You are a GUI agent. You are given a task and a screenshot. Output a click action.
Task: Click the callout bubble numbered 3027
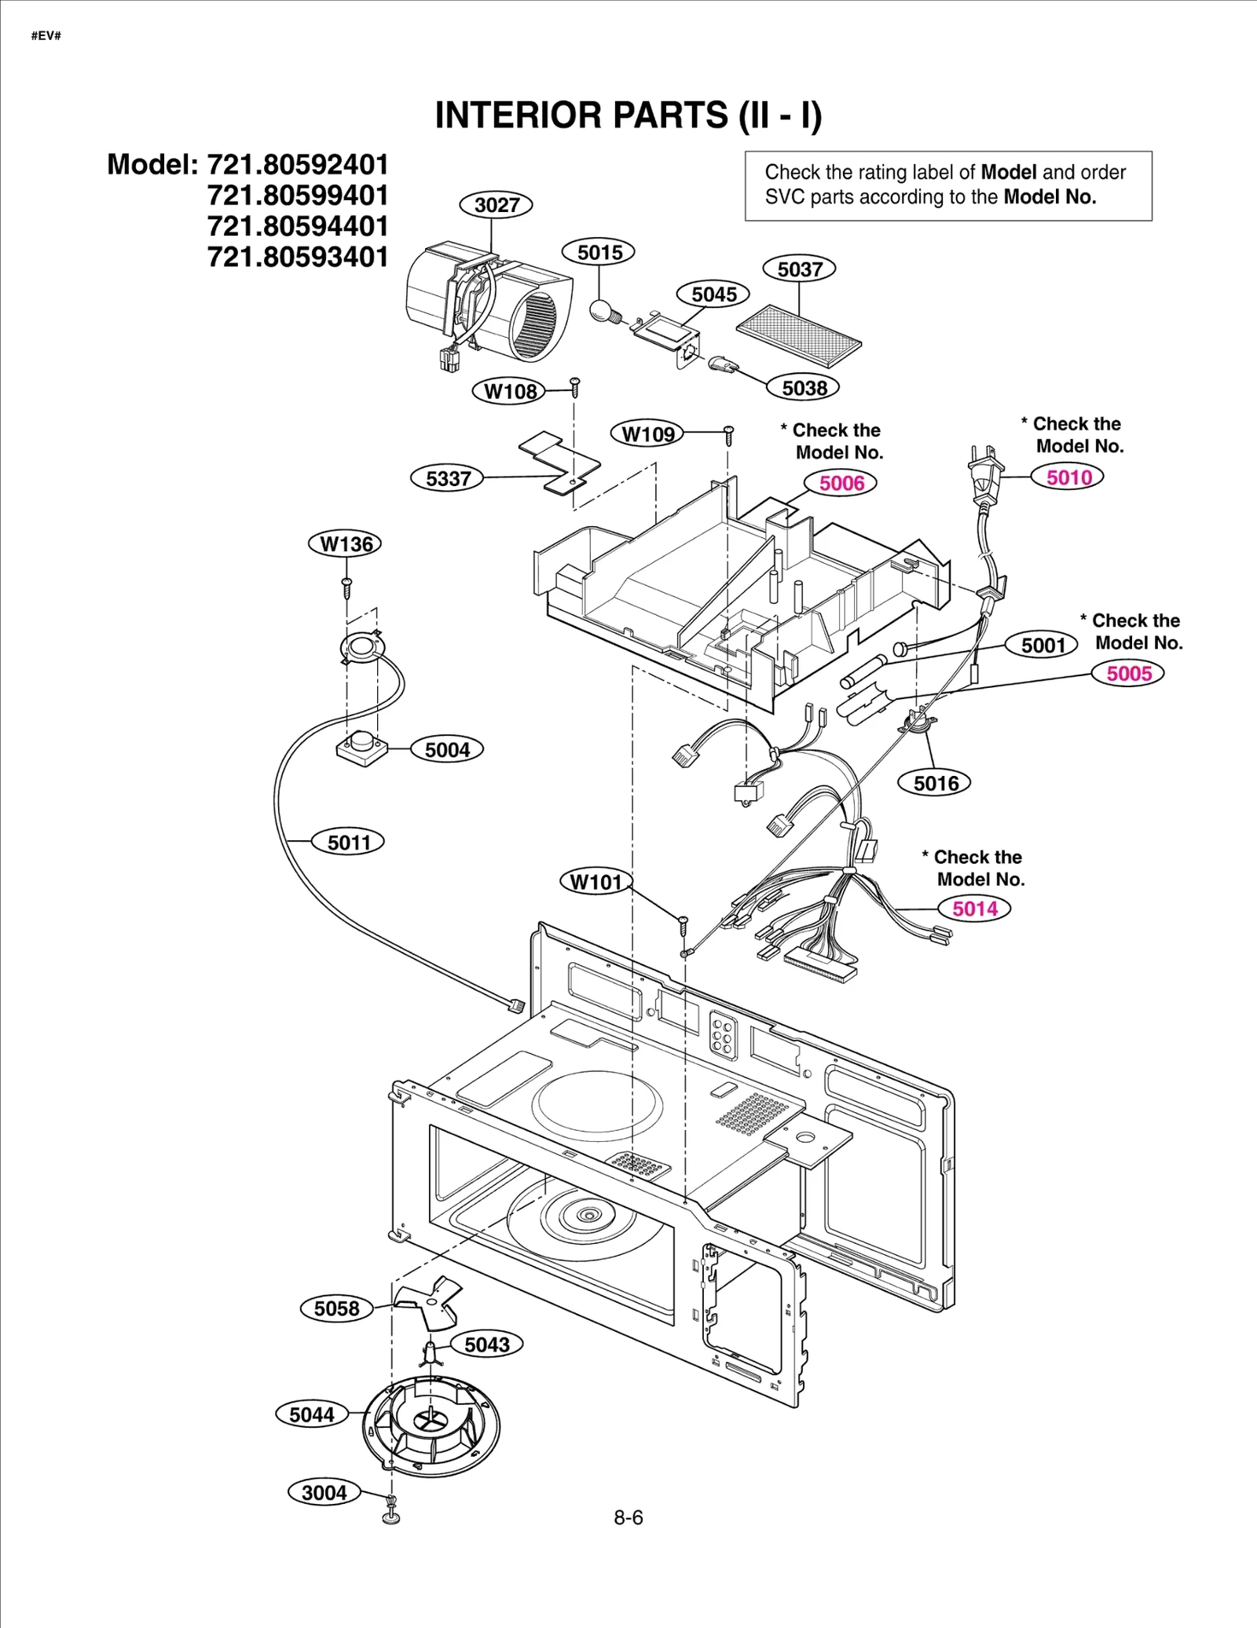(496, 205)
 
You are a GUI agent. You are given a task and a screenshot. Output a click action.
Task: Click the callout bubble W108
(509, 391)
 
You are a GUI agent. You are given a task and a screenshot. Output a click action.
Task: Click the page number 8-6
(628, 1517)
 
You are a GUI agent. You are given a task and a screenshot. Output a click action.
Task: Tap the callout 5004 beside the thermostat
(446, 749)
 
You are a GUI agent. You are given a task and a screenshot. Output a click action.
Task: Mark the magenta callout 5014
(974, 909)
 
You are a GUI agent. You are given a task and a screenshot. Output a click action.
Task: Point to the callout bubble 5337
(447, 478)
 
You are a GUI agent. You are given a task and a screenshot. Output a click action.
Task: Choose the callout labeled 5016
(935, 783)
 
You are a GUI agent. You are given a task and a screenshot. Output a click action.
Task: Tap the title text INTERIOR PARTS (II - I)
(628, 115)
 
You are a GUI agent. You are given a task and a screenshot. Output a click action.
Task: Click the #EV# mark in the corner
(46, 36)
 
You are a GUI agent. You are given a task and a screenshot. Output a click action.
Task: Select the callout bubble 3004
(324, 1493)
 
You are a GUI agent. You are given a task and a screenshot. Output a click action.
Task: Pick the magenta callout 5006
(841, 483)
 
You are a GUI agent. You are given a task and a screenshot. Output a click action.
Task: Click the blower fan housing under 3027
(487, 306)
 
